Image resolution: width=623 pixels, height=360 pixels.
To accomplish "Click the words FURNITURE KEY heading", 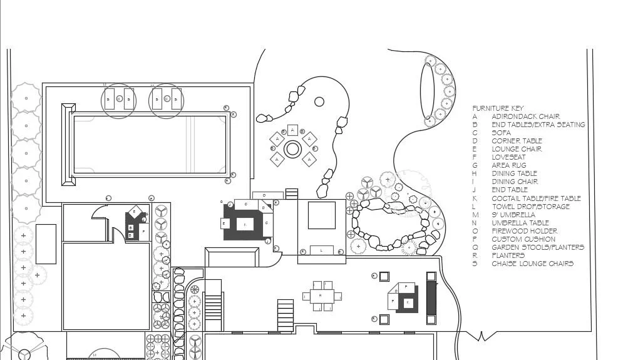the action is click(x=498, y=108).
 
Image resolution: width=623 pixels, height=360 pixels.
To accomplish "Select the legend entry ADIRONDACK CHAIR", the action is click(x=525, y=116).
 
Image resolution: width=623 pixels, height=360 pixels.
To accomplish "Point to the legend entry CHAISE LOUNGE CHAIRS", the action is click(x=532, y=264).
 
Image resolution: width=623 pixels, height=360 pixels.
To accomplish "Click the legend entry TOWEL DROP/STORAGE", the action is click(x=530, y=207).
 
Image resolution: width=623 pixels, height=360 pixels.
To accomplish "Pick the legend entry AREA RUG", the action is click(x=509, y=165).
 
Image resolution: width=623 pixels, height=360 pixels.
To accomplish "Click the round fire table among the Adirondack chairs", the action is click(x=292, y=149).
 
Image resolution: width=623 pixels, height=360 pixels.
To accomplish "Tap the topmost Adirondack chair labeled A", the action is click(x=292, y=130).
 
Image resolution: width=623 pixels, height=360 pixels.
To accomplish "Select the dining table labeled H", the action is click(x=321, y=296).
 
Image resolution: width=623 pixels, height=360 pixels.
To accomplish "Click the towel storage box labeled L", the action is click(x=322, y=250).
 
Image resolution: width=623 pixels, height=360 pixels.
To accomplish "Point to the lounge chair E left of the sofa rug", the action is click(x=224, y=223).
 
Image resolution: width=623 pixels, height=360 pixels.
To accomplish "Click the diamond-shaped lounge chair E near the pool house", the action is click(x=133, y=213).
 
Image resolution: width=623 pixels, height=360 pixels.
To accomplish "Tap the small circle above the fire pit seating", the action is click(x=319, y=101).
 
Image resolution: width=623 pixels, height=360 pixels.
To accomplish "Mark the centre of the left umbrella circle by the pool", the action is click(x=119, y=99).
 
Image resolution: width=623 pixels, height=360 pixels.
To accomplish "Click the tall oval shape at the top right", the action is click(x=427, y=90).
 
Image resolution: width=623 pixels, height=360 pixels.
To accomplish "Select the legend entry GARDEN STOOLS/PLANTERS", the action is click(x=537, y=247).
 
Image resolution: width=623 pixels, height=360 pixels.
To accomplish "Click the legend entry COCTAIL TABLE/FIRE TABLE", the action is click(x=536, y=198).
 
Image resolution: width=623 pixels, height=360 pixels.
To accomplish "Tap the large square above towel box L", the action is click(x=322, y=215).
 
